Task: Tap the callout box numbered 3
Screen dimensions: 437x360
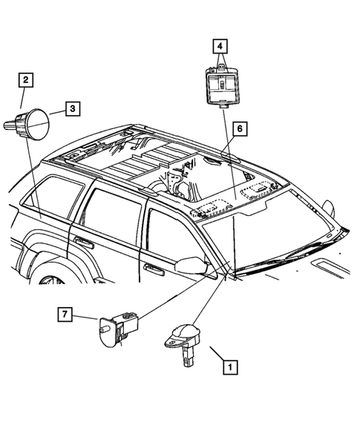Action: [73, 109]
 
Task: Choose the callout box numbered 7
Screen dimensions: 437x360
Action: [66, 316]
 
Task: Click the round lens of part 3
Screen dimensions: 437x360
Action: [38, 121]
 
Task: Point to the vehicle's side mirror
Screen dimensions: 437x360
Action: [194, 267]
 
